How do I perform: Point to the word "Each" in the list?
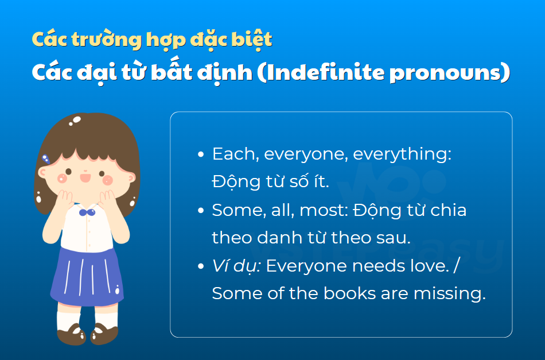[233, 154]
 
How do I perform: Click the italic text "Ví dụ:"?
[236, 266]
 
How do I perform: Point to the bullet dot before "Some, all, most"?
[201, 211]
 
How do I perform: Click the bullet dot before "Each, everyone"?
[201, 154]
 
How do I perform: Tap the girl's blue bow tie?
[87, 212]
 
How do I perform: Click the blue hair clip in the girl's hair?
[46, 159]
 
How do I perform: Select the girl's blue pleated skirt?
[87, 277]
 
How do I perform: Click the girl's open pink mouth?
[85, 178]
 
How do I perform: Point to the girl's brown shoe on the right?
[104, 334]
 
